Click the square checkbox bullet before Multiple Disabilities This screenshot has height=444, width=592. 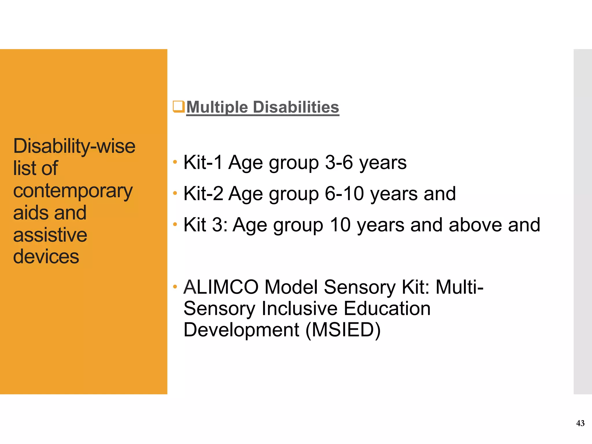tap(178, 106)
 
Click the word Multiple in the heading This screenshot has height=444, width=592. tap(217, 107)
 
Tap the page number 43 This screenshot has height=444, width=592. tap(580, 423)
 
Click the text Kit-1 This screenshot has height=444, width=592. tap(203, 162)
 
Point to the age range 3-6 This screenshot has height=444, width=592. tap(339, 162)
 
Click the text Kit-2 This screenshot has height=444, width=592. tap(203, 193)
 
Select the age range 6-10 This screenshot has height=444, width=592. tap(344, 193)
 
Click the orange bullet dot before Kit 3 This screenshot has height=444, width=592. tap(175, 224)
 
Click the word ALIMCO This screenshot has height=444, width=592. tap(221, 287)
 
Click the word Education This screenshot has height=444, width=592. tap(387, 308)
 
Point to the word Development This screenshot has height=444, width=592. tap(241, 330)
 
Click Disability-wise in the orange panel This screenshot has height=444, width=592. tap(74, 146)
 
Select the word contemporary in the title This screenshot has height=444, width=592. tap(73, 191)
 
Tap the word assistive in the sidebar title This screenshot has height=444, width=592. tap(50, 235)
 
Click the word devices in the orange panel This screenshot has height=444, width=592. tap(46, 257)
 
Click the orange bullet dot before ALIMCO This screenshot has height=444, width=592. tap(175, 287)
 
